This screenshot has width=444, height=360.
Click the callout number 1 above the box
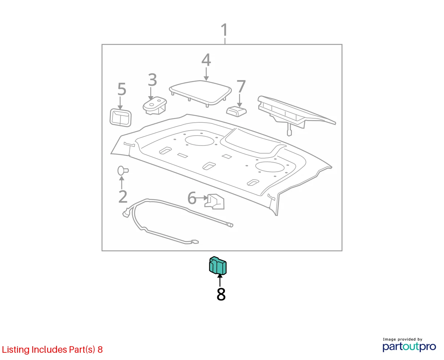[x=224, y=30]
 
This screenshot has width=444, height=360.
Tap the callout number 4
[x=206, y=60]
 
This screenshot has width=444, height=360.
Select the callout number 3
[x=152, y=79]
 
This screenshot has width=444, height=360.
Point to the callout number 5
[x=122, y=89]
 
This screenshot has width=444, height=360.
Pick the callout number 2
[x=123, y=196]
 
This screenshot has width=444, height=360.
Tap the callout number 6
[x=192, y=198]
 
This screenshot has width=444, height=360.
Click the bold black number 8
[x=221, y=294]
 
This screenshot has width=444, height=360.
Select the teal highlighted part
[x=218, y=266]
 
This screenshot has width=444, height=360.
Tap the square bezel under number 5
[x=120, y=118]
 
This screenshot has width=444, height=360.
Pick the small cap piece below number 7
[x=237, y=111]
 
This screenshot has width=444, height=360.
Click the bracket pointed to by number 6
[x=215, y=202]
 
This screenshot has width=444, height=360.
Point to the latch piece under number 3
[x=155, y=105]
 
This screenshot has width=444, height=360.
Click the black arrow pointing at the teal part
[x=220, y=281]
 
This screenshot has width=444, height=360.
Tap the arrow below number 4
[x=206, y=74]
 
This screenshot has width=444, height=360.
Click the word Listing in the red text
[x=16, y=349]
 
